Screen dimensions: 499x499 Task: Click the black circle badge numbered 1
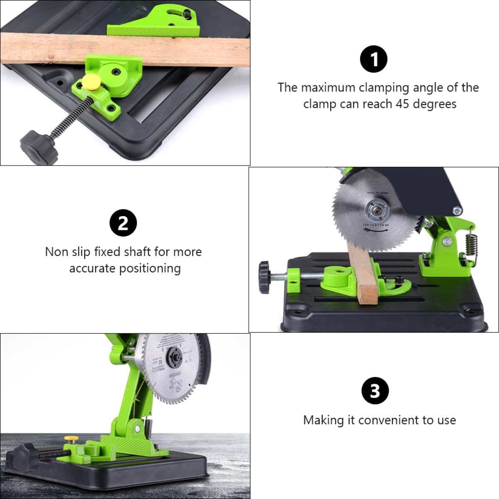coord(373,59)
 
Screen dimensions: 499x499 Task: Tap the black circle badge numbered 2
coord(123,223)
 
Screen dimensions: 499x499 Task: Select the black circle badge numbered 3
coord(375,391)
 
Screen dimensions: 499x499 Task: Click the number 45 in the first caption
coord(402,104)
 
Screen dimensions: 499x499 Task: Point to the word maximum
coord(328,88)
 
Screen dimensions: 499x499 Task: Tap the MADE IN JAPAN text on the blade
coord(378,192)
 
